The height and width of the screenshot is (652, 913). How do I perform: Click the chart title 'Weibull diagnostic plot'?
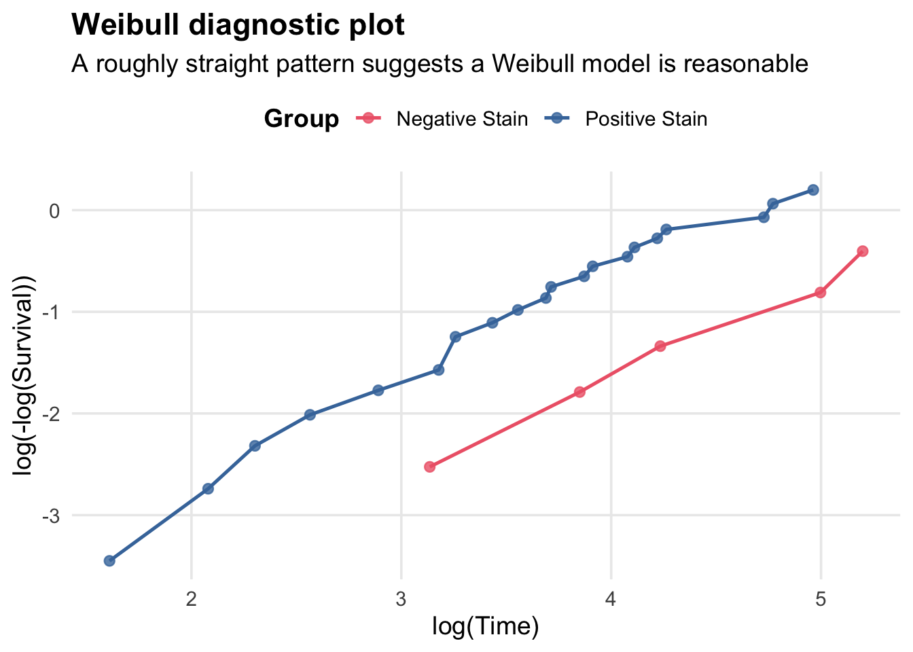click(x=238, y=25)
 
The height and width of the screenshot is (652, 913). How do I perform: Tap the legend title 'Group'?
click(x=301, y=120)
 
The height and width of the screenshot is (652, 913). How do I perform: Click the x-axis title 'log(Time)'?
click(x=485, y=626)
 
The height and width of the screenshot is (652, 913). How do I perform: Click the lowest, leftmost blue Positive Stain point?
click(x=109, y=560)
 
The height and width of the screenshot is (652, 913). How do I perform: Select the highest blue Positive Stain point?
click(x=813, y=190)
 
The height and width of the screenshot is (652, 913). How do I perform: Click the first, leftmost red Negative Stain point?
click(x=429, y=467)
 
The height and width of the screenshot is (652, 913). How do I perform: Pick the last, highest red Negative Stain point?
click(x=863, y=251)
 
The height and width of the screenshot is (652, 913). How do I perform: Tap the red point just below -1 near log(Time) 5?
click(x=820, y=293)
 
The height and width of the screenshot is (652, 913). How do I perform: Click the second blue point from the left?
click(x=208, y=489)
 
